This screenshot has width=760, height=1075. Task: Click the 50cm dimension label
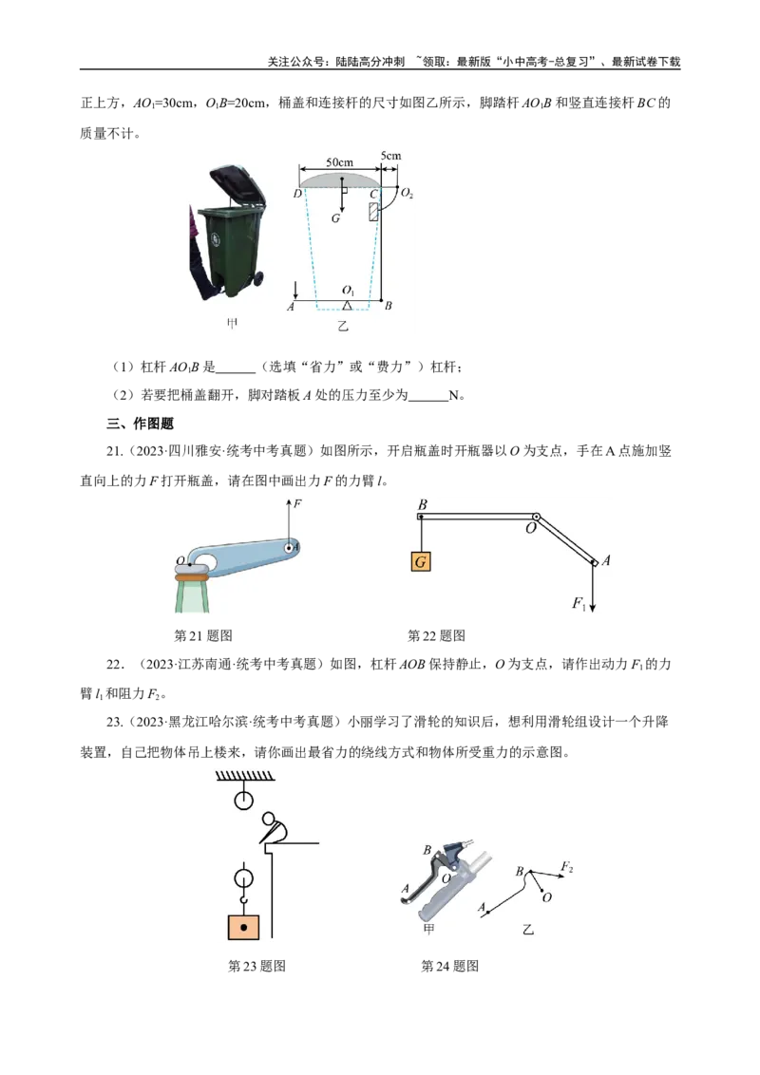tap(339, 162)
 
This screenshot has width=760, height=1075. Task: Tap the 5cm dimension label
tap(391, 156)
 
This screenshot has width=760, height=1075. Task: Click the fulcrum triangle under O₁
tap(348, 305)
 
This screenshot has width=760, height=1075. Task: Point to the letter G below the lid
tap(335, 218)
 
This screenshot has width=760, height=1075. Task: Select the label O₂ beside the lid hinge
tap(407, 194)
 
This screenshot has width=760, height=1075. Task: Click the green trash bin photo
tap(228, 233)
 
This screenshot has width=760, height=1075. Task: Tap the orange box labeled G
tap(421, 561)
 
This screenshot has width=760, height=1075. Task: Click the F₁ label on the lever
tap(579, 603)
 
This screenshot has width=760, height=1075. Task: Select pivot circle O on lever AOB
tap(536, 517)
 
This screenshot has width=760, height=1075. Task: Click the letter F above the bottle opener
tap(297, 504)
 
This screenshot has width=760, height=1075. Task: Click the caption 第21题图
tap(203, 635)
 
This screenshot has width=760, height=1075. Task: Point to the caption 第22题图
tap(436, 635)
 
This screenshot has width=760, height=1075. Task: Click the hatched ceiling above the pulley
tap(245, 776)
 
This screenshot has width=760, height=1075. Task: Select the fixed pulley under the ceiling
tap(243, 800)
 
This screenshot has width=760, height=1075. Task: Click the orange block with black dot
tap(243, 927)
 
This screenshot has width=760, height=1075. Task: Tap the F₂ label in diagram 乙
tap(566, 867)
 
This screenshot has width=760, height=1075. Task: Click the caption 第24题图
tap(450, 966)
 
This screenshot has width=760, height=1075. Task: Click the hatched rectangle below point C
tap(374, 211)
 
